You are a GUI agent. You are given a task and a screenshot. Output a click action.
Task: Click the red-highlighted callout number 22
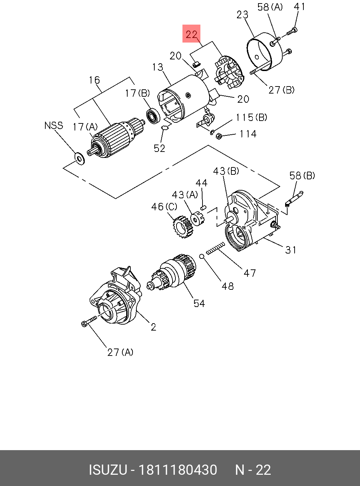(x=192, y=34)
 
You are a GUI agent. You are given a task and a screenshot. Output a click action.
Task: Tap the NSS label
(x=54, y=126)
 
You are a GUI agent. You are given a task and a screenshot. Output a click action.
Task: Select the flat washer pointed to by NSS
(x=80, y=158)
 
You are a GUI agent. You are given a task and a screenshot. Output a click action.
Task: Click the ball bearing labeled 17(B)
(x=153, y=115)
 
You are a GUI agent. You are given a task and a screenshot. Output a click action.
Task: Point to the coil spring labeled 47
(x=216, y=248)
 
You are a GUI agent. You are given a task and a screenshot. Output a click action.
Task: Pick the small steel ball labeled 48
(x=202, y=256)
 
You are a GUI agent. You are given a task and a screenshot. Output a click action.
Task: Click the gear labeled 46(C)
(x=183, y=227)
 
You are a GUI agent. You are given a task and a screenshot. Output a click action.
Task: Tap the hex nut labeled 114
(x=219, y=136)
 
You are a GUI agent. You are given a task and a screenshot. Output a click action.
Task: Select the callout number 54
(x=199, y=303)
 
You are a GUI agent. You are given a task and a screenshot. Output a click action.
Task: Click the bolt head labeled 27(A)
(x=84, y=324)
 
